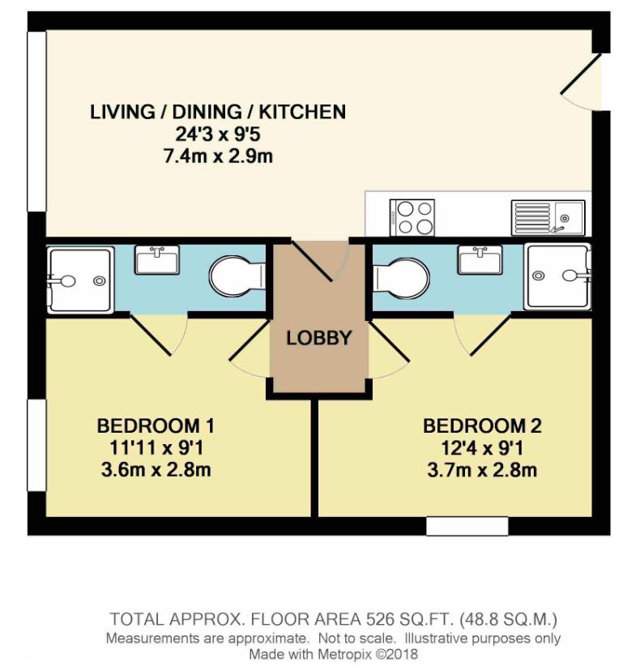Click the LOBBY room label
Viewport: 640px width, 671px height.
tap(318, 338)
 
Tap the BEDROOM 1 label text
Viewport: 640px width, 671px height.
tap(156, 425)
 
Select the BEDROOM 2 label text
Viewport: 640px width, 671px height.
tap(482, 425)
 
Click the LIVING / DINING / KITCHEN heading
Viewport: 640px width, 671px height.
tap(218, 112)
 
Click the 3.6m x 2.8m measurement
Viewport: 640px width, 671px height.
tap(156, 470)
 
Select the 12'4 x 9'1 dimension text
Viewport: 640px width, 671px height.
tap(482, 448)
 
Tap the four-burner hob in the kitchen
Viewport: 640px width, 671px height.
tap(413, 216)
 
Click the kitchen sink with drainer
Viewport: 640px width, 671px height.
tap(548, 216)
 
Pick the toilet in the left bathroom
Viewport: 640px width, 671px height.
tap(236, 276)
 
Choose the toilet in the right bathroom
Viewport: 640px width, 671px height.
tap(403, 276)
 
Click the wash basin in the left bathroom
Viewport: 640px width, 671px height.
tap(157, 261)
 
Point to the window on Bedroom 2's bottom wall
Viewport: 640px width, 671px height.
tap(467, 526)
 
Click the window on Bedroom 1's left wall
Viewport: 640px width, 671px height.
tap(36, 445)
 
